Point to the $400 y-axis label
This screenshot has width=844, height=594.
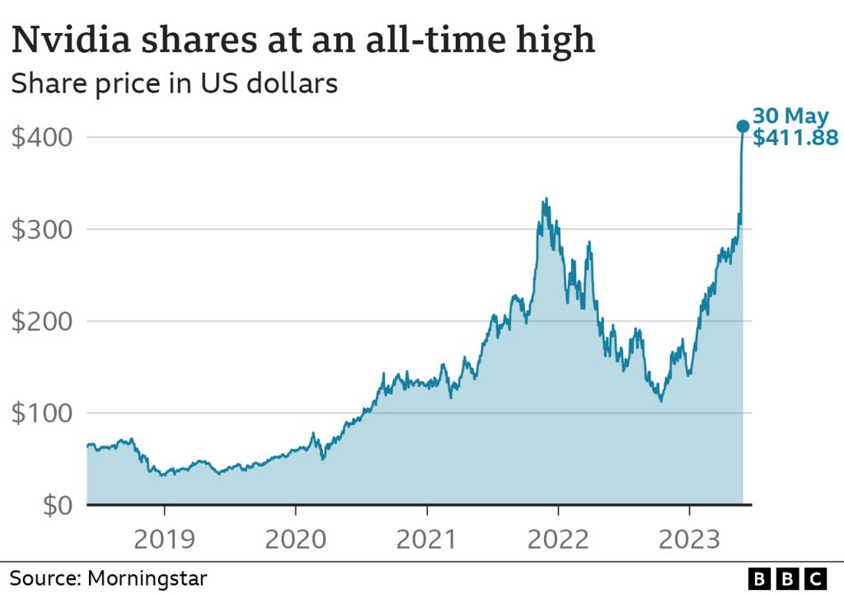tap(40, 137)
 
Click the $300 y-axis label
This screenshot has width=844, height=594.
tap(40, 229)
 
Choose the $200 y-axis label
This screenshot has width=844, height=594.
tap(40, 321)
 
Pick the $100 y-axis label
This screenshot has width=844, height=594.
tap(40, 413)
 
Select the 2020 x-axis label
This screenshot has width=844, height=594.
tap(295, 540)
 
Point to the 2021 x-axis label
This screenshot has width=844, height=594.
tap(426, 540)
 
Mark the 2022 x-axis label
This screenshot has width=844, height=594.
tap(558, 540)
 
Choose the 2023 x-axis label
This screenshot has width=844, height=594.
tap(690, 540)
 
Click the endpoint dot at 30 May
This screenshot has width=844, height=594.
tap(742, 126)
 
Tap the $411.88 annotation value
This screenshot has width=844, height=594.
tap(795, 138)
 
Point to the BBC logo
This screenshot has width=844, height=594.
tap(789, 577)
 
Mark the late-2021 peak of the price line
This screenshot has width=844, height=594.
tap(546, 199)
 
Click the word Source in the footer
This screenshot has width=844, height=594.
tap(42, 577)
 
